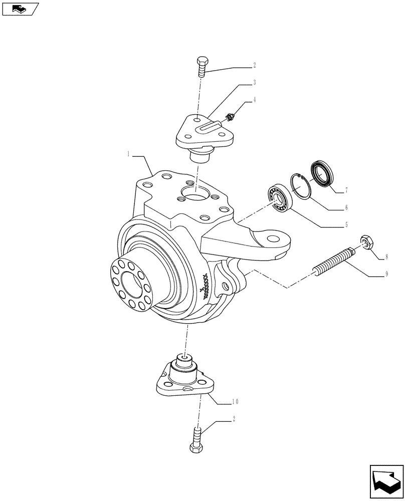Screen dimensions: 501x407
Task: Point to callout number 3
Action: pyautogui.click(x=254, y=82)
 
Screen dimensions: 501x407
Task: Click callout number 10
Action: pyautogui.click(x=235, y=402)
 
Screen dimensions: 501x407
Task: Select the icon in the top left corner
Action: pyautogui.click(x=20, y=9)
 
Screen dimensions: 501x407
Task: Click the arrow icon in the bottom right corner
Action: pyautogui.click(x=385, y=482)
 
